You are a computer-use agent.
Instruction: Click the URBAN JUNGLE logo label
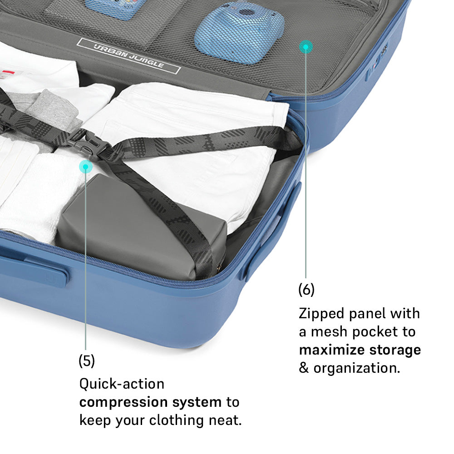(x=129, y=55)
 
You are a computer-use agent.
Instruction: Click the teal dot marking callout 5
(x=86, y=167)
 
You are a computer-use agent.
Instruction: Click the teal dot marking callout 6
(x=306, y=47)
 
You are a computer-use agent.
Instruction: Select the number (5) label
(x=87, y=361)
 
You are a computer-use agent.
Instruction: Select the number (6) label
(x=306, y=290)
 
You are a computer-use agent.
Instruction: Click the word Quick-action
(x=122, y=384)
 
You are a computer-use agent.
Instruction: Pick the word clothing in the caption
(x=176, y=420)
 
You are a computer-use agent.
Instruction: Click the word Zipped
(x=321, y=314)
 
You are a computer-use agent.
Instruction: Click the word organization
(x=357, y=369)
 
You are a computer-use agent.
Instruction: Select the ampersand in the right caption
(x=304, y=368)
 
